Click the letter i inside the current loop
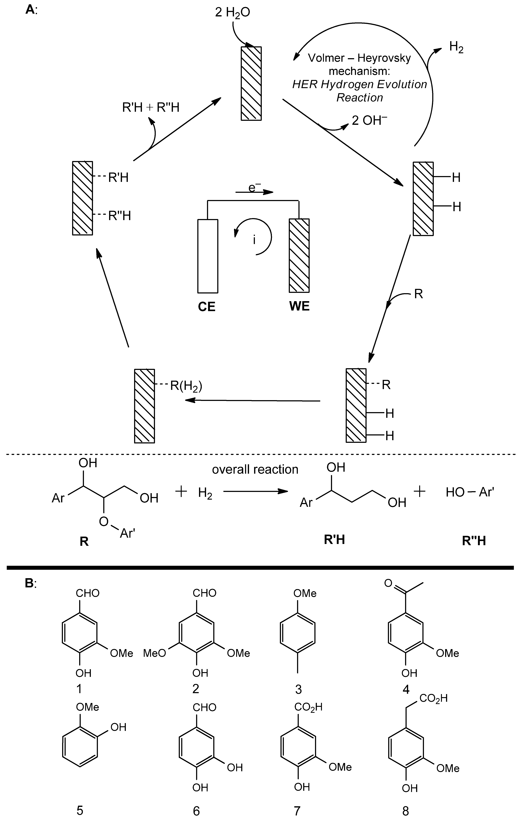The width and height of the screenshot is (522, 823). click(254, 240)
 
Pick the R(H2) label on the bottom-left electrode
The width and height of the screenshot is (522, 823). click(186, 386)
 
